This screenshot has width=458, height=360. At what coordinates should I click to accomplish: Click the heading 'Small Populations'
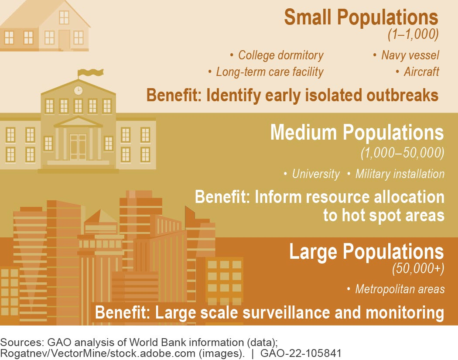point(361,17)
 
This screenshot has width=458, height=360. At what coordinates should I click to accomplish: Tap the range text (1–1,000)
point(413,34)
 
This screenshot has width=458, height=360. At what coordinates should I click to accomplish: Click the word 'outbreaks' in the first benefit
point(402,95)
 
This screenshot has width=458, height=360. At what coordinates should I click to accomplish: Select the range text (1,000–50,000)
point(403,153)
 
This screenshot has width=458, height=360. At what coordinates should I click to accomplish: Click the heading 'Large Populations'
point(366,252)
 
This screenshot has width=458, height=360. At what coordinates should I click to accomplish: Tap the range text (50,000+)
point(418,268)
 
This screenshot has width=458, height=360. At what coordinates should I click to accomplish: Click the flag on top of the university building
point(91,73)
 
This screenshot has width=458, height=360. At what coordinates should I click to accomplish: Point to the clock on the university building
point(78,90)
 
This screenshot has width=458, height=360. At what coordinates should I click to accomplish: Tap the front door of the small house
point(65,40)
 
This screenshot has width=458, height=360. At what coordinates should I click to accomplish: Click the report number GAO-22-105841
point(301,353)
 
